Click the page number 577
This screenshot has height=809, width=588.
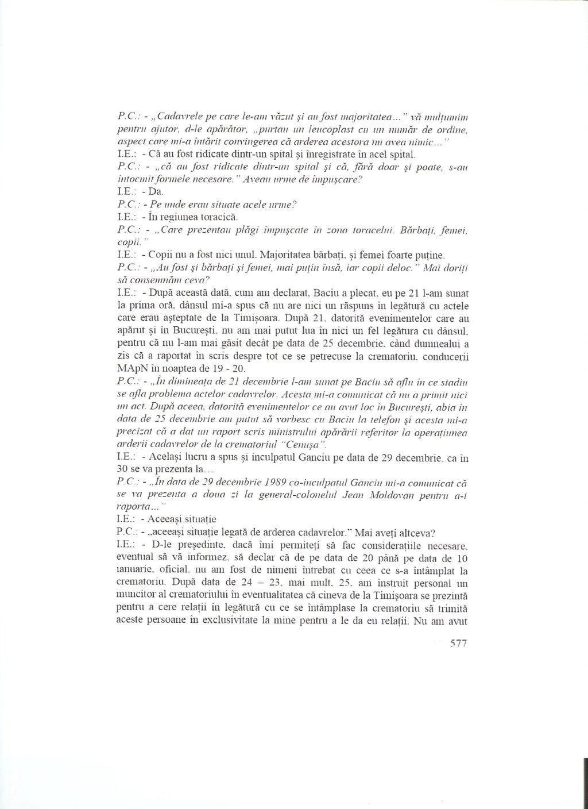(452, 644)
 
